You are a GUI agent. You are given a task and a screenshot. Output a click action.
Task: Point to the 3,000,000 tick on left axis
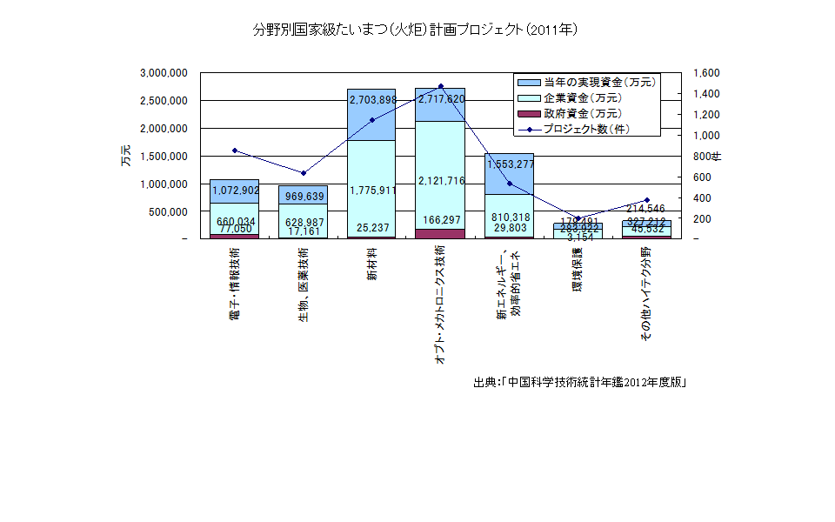click(x=164, y=73)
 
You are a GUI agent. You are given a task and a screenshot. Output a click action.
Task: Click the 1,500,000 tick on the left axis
click(x=164, y=156)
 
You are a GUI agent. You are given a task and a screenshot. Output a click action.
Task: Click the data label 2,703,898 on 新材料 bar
click(x=372, y=100)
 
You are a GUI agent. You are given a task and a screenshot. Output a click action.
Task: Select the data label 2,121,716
click(x=441, y=181)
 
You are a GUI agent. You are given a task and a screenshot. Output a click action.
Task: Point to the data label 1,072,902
click(x=235, y=190)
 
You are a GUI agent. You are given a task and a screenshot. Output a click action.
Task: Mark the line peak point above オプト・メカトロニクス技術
click(x=441, y=86)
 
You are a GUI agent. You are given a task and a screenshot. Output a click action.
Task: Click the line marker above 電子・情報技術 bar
click(x=235, y=151)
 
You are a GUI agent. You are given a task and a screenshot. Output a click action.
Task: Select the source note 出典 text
click(x=580, y=383)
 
